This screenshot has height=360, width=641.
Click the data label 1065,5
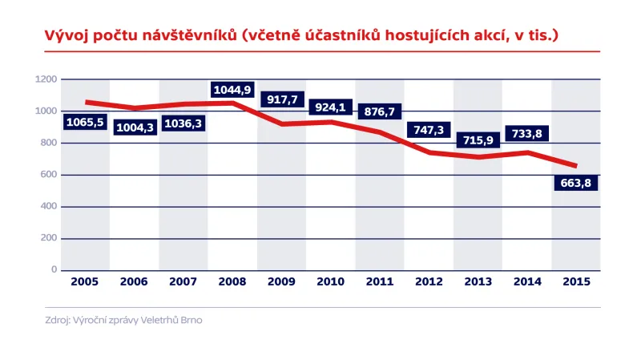[85, 123]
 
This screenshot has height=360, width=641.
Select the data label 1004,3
[135, 127]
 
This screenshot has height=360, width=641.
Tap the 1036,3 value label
[183, 123]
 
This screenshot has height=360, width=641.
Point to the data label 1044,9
[233, 89]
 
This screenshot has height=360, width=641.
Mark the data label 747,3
[429, 130]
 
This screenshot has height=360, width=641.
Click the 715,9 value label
[478, 140]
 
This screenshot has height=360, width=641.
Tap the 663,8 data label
[576, 182]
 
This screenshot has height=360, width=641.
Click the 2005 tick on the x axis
[85, 281]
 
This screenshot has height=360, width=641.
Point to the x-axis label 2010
[331, 281]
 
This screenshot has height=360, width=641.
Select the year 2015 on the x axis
[576, 281]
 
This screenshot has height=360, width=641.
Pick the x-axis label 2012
[429, 281]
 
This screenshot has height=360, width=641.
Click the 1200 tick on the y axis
[46, 79]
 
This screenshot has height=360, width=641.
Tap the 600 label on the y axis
[49, 175]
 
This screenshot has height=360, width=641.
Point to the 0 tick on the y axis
[54, 270]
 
